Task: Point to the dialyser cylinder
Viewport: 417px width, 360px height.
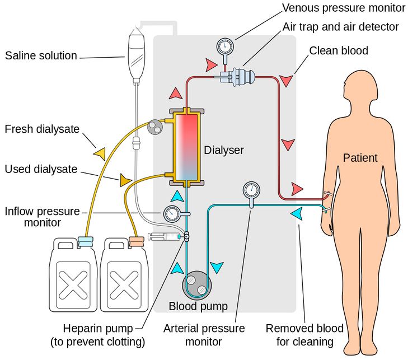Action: pyautogui.click(x=187, y=147)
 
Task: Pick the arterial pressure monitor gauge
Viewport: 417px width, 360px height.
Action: pyautogui.click(x=250, y=190)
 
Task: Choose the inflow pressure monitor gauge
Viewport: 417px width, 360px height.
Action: pyautogui.click(x=172, y=213)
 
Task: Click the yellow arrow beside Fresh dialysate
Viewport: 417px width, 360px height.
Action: pyautogui.click(x=100, y=153)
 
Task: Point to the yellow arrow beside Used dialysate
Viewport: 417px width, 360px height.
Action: pyautogui.click(x=124, y=180)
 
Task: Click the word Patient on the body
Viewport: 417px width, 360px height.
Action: pyautogui.click(x=360, y=158)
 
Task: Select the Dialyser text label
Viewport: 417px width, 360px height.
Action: pyautogui.click(x=224, y=150)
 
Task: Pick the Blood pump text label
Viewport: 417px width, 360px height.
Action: pyautogui.click(x=198, y=306)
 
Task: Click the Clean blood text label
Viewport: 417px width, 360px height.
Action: pyautogui.click(x=339, y=51)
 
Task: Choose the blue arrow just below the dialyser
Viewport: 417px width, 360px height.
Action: pyautogui.click(x=177, y=195)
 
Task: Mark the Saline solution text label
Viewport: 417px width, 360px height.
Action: pyautogui.click(x=41, y=55)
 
